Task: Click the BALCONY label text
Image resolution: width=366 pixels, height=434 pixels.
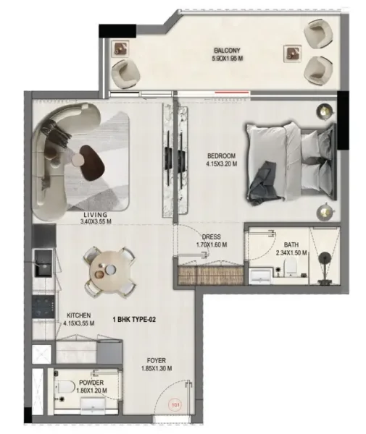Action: pyautogui.click(x=227, y=51)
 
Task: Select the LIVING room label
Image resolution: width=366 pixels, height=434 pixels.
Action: pyautogui.click(x=96, y=215)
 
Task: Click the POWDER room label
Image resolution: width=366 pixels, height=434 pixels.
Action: pyautogui.click(x=91, y=382)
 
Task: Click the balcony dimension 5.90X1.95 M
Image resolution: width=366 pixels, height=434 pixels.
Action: pyautogui.click(x=227, y=59)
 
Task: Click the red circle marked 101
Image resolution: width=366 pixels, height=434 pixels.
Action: pyautogui.click(x=174, y=407)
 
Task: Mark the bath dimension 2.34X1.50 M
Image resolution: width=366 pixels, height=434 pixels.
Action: pyautogui.click(x=291, y=253)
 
